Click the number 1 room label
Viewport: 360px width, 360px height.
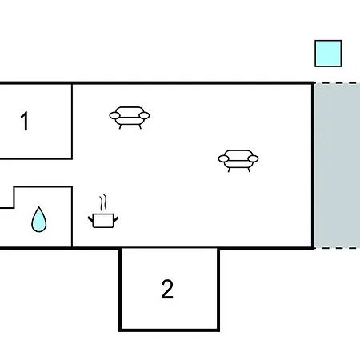coord(25,122)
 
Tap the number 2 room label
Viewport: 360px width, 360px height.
coord(167,289)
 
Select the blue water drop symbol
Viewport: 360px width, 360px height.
coord(39,219)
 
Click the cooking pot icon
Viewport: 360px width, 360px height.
coord(103,220)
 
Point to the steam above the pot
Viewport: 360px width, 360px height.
coord(103,203)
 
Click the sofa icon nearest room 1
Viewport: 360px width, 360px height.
coord(130,118)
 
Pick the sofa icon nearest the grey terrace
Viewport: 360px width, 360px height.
coord(238,161)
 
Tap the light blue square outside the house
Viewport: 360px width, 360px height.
coord(328,54)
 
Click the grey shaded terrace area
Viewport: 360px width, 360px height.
coord(338,166)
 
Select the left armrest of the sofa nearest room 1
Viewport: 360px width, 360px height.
coord(114,116)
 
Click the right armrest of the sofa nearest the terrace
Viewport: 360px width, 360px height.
coord(253,159)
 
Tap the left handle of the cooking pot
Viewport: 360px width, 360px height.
coord(90,220)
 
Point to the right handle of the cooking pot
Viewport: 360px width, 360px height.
coord(116,220)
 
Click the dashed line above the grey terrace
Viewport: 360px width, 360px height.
coord(338,83)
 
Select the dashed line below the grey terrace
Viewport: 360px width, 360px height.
coord(338,248)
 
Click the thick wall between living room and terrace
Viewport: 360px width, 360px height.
coord(313,166)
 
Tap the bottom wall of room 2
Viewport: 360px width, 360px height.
coord(169,330)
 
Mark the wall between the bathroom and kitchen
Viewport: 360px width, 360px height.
coord(72,217)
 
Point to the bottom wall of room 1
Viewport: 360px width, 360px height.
coord(36,159)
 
